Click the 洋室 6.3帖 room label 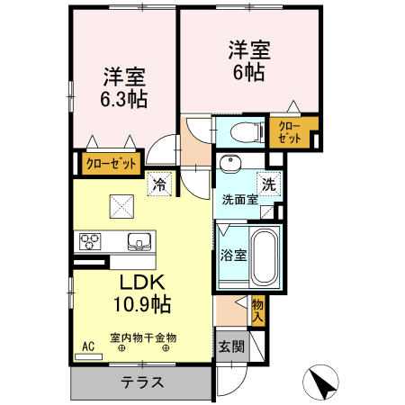tap(124, 87)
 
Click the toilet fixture tap(242, 131)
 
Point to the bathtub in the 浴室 tap(265, 256)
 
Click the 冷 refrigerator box tap(159, 184)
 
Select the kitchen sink tap(139, 241)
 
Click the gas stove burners tap(91, 241)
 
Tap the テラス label tap(143, 382)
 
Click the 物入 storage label tap(257, 310)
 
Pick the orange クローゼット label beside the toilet tap(290, 132)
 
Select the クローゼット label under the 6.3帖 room tap(112, 164)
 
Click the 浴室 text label tap(233, 256)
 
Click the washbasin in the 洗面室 tap(230, 165)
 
